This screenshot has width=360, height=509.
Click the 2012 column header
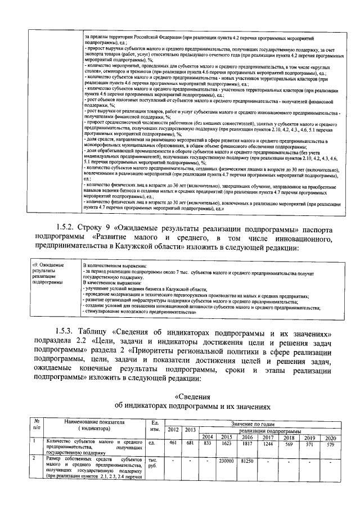coord(173,430)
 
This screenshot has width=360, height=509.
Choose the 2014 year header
coord(207,437)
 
